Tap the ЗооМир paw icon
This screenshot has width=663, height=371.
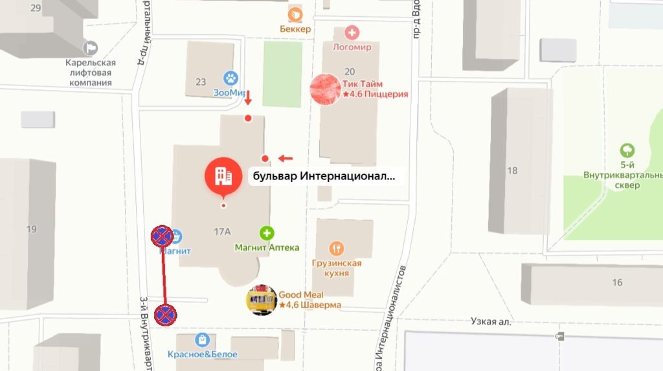point(231,78)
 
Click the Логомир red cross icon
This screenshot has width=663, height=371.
point(352,32)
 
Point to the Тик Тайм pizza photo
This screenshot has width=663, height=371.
point(325,89)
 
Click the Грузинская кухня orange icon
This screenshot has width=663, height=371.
point(336,249)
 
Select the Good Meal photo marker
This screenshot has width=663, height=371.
point(262,300)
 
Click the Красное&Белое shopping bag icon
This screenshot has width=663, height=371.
point(203,339)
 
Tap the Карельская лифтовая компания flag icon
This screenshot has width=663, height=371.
point(91,47)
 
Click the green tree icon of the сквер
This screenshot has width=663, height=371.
point(627,151)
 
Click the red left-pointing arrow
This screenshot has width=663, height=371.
point(285,158)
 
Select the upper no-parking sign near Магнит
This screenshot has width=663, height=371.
point(161,237)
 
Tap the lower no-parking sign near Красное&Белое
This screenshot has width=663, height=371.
point(166,315)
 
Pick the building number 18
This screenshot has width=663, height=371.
point(512,171)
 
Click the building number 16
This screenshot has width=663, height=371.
point(617,282)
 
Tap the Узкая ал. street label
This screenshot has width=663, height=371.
point(491,321)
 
